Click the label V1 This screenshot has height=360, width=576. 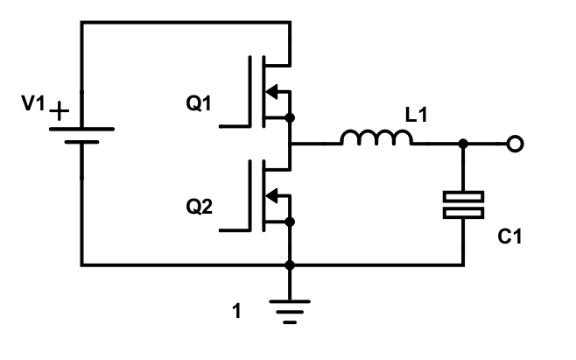point(33,103)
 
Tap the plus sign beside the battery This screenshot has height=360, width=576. point(59,110)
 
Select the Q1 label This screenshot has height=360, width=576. point(199,103)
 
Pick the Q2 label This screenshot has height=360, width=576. point(199,207)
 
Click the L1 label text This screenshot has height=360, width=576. point(416,115)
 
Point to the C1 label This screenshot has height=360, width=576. point(509,236)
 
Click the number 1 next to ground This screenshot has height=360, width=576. point(237,311)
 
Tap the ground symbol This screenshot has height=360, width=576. point(290,312)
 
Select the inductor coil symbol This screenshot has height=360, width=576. point(376,138)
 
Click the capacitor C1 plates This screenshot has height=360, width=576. point(463,205)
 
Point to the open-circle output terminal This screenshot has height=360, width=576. point(515,144)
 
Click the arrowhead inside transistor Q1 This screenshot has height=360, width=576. point(271,92)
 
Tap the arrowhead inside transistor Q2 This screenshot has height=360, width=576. point(271,195)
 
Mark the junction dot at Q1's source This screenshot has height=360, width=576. point(290,118)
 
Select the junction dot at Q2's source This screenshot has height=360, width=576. point(290,222)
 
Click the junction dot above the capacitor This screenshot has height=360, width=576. point(463,144)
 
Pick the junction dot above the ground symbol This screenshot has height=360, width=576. point(290,265)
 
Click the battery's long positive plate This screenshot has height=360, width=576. point(82,129)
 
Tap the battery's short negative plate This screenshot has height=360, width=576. point(82,142)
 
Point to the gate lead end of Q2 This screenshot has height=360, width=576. point(220,230)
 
